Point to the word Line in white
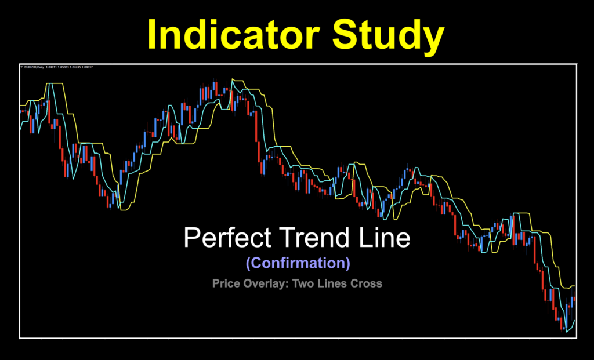[x=385, y=238]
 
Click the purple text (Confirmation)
[x=298, y=263]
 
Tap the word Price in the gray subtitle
[x=225, y=283]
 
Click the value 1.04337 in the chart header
[x=89, y=67]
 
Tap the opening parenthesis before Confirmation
[x=248, y=263]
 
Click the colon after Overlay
[x=288, y=284]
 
